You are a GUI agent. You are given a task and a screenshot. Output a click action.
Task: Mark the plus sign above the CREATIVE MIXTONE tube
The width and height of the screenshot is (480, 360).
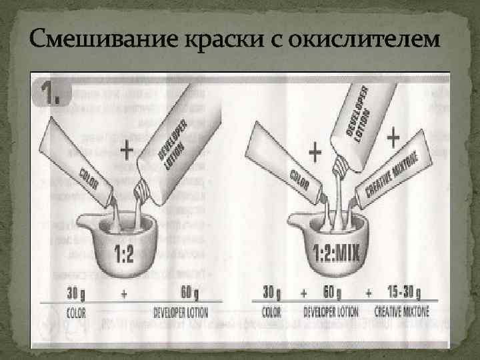(x=393, y=138)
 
